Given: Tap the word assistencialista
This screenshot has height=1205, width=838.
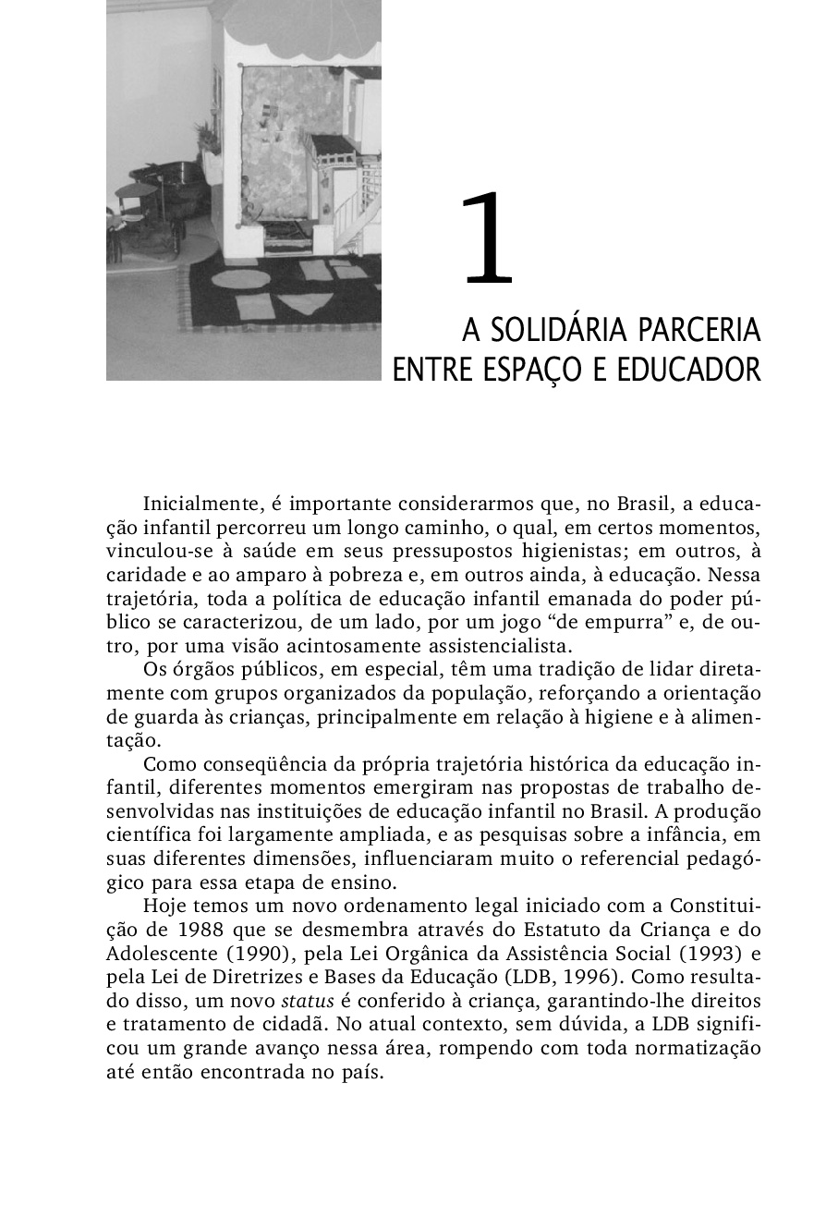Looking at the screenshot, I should [x=496, y=643].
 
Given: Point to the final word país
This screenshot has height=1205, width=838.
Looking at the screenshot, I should [x=360, y=1074].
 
